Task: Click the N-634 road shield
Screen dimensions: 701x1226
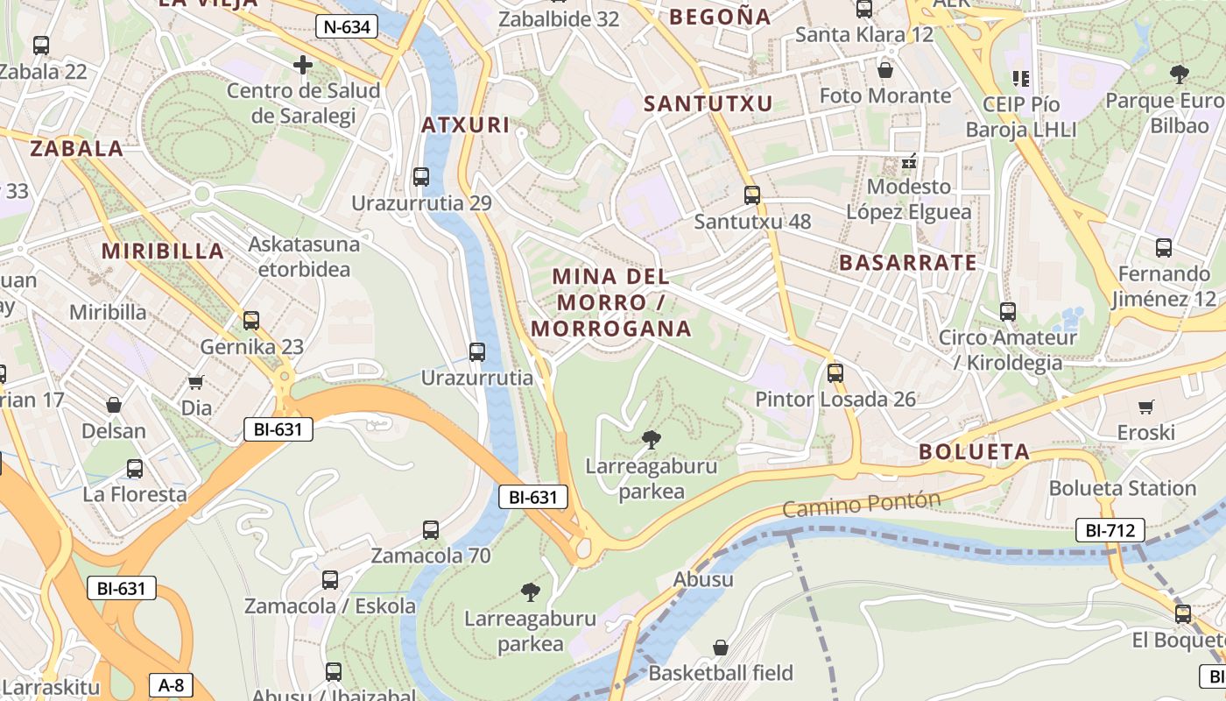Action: tap(347, 26)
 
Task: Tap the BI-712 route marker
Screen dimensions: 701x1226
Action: tap(1110, 530)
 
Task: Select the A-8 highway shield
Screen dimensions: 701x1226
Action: tap(171, 684)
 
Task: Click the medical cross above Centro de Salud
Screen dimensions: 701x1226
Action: tap(303, 65)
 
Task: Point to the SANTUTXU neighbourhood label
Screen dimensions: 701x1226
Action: tap(708, 104)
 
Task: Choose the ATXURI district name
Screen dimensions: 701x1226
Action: tap(465, 125)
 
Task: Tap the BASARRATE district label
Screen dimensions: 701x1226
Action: tap(907, 263)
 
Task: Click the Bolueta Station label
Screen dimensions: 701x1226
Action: tap(1122, 488)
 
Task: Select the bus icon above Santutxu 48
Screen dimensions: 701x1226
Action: tap(751, 195)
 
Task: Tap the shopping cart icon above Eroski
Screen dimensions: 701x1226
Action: tap(1145, 407)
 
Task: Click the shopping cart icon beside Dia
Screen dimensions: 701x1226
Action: tap(196, 382)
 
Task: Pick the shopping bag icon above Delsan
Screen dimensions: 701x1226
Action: tap(114, 405)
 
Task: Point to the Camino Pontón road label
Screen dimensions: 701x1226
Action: tap(861, 505)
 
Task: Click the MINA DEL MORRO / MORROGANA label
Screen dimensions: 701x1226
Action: tap(611, 303)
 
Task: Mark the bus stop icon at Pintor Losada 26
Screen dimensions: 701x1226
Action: tap(835, 373)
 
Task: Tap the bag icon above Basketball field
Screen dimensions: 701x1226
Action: tap(720, 648)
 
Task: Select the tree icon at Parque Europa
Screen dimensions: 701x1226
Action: tap(1179, 74)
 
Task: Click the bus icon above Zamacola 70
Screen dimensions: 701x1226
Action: tap(431, 529)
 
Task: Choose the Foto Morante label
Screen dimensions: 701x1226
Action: tap(884, 96)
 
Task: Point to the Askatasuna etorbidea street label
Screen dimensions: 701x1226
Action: tap(304, 256)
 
